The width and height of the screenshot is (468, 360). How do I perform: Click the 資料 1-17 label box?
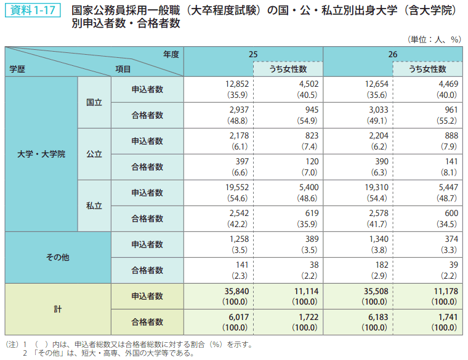pyautogui.click(x=31, y=11)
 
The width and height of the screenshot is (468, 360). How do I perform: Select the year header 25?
pyautogui.click(x=253, y=54)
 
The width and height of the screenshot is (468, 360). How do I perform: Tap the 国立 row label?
pyautogui.click(x=94, y=102)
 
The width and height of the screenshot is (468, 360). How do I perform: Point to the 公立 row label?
pyautogui.click(x=94, y=154)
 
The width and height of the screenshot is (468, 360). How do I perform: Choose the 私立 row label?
pyautogui.click(x=94, y=206)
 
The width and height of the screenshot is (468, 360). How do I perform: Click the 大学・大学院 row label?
pyautogui.click(x=41, y=154)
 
